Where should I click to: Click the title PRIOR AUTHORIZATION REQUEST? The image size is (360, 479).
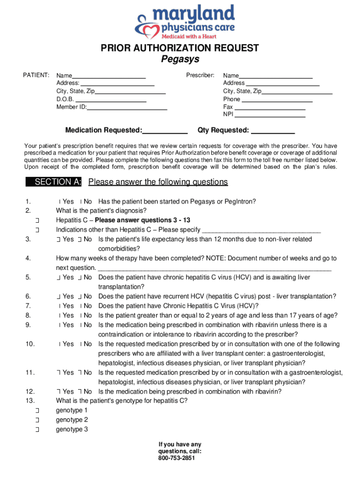click(x=180, y=48)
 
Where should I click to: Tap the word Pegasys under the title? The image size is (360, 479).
click(x=180, y=59)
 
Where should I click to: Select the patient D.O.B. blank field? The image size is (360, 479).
click(x=111, y=99)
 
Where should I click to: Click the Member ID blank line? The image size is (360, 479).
click(x=127, y=107)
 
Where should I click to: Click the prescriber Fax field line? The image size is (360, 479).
click(x=270, y=107)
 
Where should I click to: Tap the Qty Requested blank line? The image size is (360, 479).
click(x=273, y=131)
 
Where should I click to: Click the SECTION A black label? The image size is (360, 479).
click(x=55, y=182)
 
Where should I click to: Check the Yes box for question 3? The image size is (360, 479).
click(x=58, y=239)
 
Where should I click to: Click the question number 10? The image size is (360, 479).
click(x=30, y=344)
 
